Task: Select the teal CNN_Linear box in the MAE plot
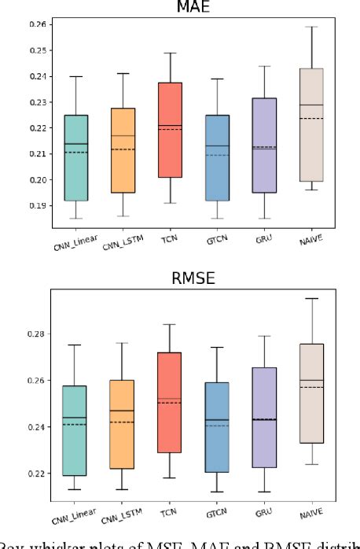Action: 76,157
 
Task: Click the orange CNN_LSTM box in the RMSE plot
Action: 122,425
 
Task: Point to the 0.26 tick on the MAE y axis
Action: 36,24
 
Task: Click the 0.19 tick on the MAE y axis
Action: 36,205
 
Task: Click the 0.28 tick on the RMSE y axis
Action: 36,333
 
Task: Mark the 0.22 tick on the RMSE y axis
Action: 36,473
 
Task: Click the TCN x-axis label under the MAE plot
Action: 168,245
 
